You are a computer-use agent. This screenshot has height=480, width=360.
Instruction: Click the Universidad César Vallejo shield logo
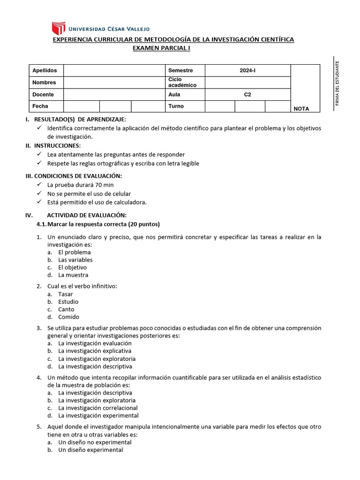pos(58,28)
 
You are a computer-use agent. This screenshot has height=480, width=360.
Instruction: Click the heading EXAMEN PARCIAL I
pos(162,48)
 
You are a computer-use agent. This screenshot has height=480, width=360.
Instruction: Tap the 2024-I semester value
pos(247,70)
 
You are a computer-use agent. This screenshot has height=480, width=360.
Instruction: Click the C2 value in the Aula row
pos(247,94)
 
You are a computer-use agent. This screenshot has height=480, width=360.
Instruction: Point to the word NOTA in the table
pos(301,109)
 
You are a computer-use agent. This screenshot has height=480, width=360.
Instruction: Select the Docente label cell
pos(46,94)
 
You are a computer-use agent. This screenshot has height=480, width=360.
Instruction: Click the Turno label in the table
pos(176,106)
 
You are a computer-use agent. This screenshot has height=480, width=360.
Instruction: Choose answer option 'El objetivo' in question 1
pos(72,267)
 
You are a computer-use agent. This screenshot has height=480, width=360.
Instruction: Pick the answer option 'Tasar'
pos(66,294)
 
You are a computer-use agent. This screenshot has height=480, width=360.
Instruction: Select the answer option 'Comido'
pos(68,317)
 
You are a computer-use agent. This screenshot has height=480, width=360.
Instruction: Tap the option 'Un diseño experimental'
pos(90,450)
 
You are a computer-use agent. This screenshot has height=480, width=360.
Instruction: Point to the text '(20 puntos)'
pos(143,224)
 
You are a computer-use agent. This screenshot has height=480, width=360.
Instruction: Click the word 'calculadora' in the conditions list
pos(130,202)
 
